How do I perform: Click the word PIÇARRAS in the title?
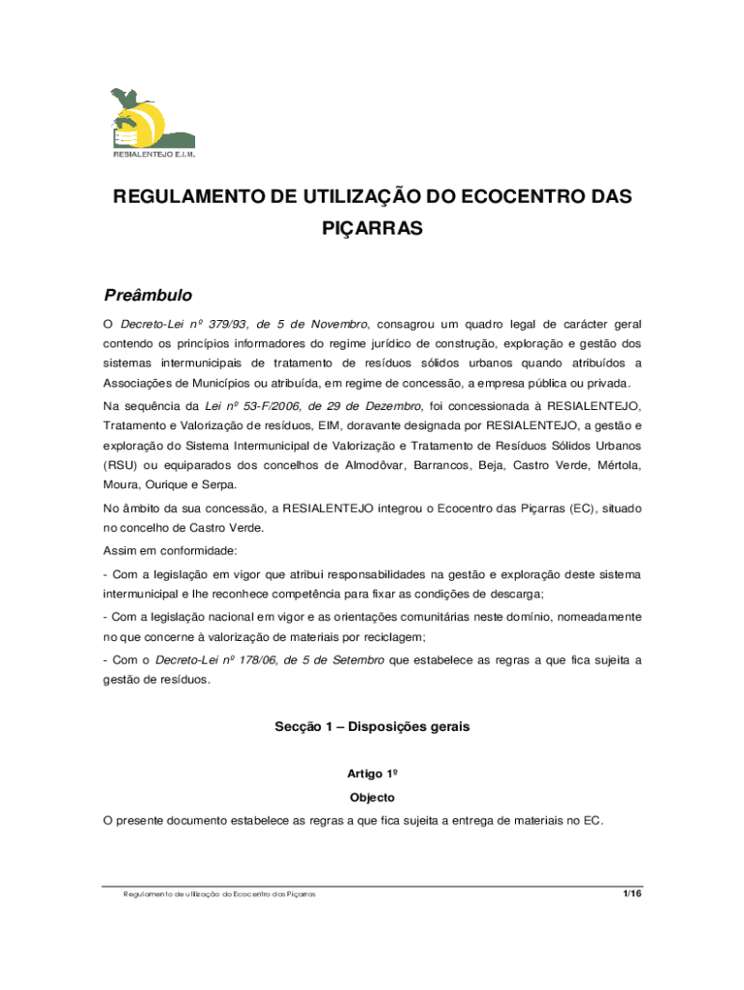click(372, 231)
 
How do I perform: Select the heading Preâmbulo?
click(148, 295)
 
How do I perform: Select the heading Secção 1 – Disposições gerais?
click(372, 726)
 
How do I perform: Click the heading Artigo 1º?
click(372, 774)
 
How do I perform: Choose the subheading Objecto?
click(372, 798)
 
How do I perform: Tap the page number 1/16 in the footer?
click(633, 894)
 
